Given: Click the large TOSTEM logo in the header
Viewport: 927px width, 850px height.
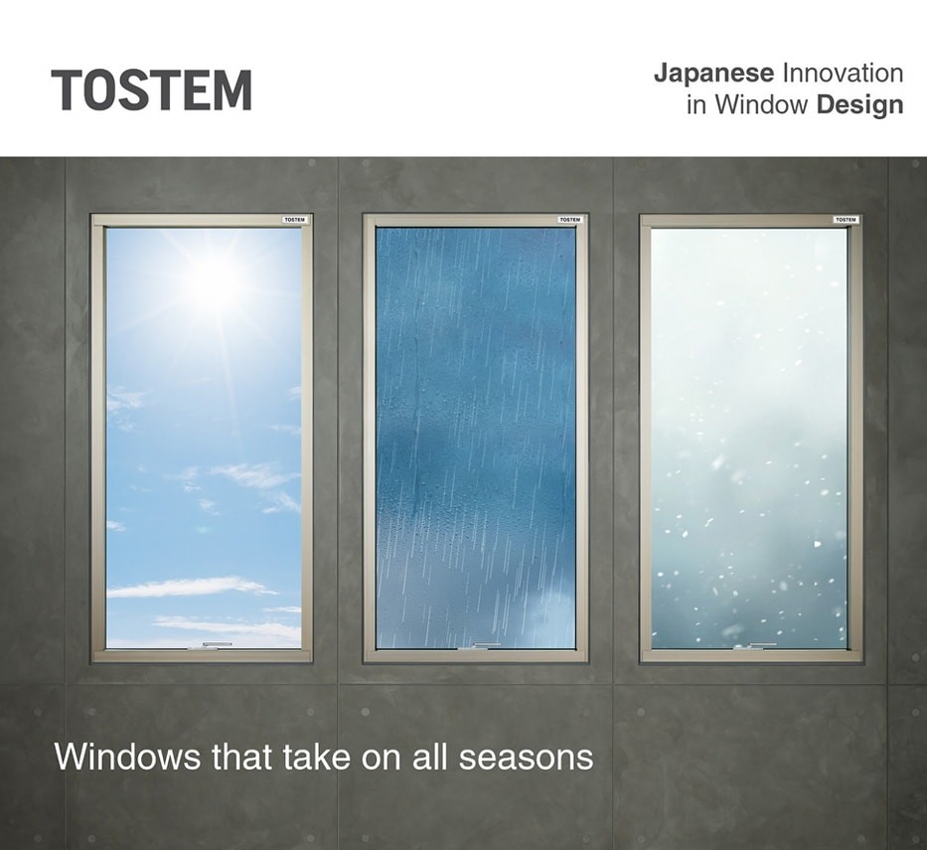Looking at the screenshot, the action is point(151,90).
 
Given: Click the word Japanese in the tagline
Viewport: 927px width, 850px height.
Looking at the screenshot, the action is point(713,75).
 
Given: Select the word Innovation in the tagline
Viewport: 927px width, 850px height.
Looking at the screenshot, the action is point(843,74).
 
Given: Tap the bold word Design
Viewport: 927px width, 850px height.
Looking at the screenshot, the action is point(859,104).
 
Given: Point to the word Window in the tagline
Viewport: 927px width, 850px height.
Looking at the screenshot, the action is point(761,104).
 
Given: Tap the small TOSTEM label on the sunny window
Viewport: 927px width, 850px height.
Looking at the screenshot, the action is point(294,220).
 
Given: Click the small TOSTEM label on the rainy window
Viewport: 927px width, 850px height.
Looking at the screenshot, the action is point(570,220).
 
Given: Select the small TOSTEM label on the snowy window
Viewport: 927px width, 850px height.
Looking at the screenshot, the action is point(846,220).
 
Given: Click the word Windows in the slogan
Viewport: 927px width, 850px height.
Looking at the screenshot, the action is point(128,757).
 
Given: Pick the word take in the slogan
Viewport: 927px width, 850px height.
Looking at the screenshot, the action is point(316,757).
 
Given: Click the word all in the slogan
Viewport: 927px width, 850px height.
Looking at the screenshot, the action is point(430,757).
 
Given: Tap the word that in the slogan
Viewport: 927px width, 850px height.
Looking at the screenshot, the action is point(241,757).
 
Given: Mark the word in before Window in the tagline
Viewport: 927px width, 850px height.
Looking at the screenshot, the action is point(696,104).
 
